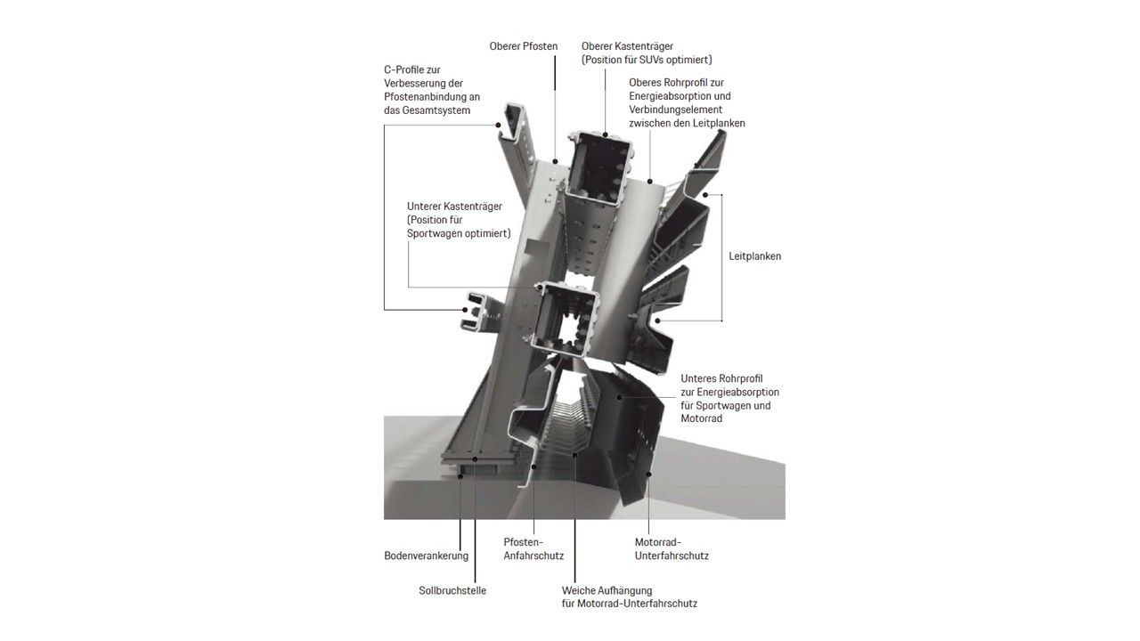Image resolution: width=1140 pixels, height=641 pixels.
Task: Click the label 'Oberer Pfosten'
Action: [x=523, y=46]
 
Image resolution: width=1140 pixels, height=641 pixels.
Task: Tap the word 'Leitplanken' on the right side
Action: [x=754, y=256]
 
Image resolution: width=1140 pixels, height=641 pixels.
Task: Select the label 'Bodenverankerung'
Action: [x=426, y=556]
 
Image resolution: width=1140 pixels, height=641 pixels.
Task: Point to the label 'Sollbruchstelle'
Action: [x=452, y=590]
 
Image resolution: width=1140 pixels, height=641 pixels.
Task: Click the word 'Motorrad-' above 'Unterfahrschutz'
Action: [x=657, y=542]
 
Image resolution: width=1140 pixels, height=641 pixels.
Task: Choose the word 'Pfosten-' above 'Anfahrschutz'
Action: [x=524, y=542]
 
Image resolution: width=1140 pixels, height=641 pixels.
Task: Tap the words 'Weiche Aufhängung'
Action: [x=607, y=590]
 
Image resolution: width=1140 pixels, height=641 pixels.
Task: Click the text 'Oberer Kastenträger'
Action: [x=627, y=46]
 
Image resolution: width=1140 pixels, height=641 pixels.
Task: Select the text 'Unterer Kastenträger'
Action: [x=454, y=207]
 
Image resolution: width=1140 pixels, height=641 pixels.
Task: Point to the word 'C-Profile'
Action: [x=404, y=69]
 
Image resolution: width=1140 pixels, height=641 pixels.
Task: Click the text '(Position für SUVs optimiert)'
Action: [x=647, y=60]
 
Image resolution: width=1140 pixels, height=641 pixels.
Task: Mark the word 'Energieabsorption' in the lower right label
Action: [x=738, y=393]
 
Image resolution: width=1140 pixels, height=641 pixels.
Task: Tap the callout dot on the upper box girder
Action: [x=606, y=134]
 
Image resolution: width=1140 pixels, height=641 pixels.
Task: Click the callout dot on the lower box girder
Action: [x=541, y=288]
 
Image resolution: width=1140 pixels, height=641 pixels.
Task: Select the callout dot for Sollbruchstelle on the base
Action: [x=475, y=459]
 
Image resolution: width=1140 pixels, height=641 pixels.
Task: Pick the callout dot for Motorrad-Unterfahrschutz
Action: [x=649, y=475]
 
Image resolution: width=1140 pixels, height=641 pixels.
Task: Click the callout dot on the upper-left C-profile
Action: [x=500, y=125]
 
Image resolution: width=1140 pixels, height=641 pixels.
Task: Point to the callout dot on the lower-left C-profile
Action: [x=465, y=309]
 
